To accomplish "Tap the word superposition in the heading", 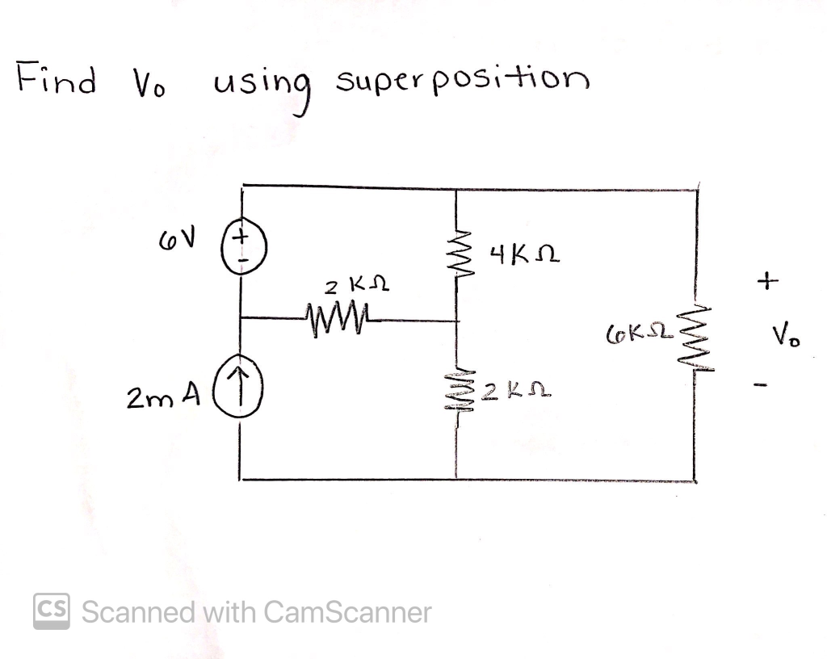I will tap(462, 81).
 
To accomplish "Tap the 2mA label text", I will tap(162, 397).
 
